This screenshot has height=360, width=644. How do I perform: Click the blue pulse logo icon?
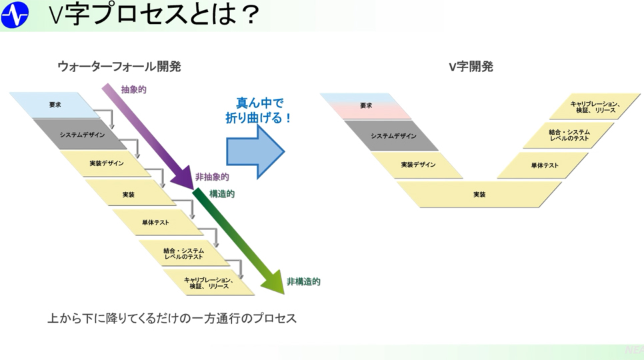(15, 15)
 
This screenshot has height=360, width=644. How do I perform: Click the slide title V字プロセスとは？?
(154, 14)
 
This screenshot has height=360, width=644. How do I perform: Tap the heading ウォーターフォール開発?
(119, 66)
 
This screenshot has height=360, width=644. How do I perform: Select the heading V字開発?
(471, 66)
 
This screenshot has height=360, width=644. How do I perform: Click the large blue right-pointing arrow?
(255, 151)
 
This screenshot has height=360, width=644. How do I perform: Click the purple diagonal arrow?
(147, 136)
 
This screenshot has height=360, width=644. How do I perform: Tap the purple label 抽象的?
(133, 89)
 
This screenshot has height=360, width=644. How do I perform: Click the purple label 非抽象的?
(212, 177)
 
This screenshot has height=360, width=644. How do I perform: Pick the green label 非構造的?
(303, 281)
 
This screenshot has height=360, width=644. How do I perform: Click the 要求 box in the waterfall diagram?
(55, 105)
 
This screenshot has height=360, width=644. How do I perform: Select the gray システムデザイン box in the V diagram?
(391, 136)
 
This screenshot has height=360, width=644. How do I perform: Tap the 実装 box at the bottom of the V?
(479, 195)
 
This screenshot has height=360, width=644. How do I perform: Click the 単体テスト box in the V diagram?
(543, 165)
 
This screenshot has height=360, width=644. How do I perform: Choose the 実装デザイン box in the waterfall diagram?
(105, 163)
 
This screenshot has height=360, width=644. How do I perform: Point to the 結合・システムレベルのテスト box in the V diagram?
(569, 135)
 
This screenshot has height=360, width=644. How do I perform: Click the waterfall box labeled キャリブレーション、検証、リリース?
(209, 283)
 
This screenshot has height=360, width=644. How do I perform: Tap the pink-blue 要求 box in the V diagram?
(365, 106)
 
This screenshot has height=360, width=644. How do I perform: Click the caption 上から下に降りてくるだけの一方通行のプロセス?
(172, 318)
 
